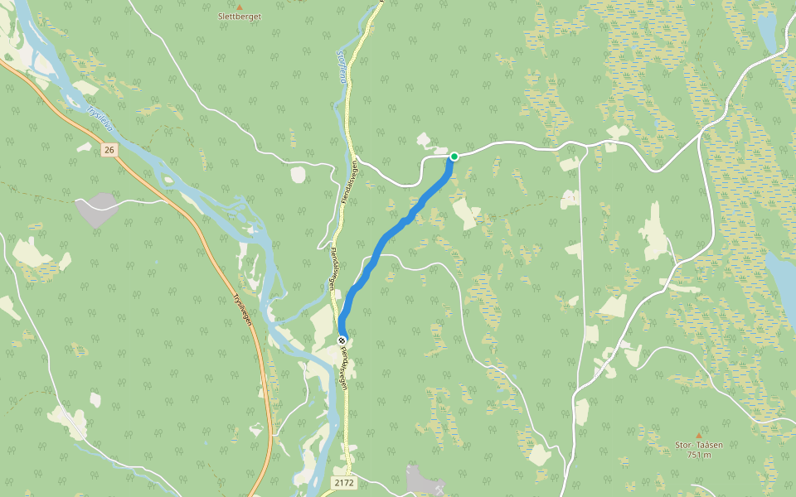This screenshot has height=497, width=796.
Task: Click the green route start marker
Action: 454,156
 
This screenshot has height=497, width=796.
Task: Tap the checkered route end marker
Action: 342,340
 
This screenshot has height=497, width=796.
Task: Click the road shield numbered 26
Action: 109,150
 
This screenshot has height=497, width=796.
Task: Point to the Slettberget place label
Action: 239,17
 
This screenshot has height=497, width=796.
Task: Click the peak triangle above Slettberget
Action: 239,7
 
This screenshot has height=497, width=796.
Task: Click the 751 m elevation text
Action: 698,454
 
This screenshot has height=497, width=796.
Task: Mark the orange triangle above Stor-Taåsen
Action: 698,435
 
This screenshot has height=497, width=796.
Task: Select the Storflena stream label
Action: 340,66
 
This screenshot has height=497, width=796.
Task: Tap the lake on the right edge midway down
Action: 781,277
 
